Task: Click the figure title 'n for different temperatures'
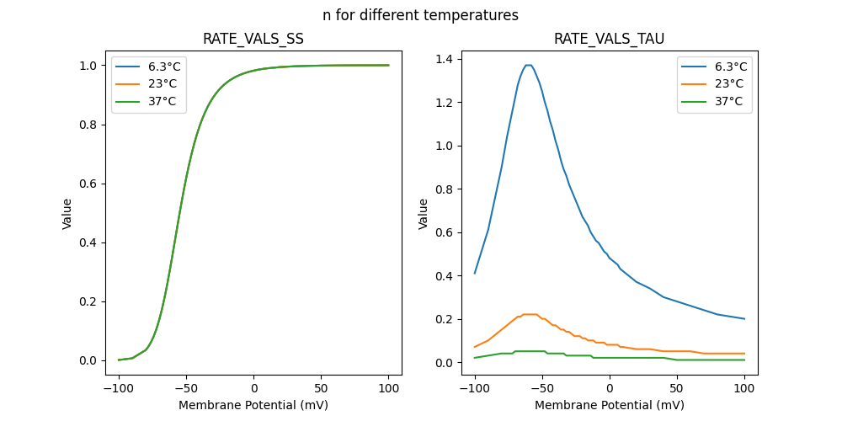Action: (x=420, y=15)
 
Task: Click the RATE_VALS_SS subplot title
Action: (x=253, y=40)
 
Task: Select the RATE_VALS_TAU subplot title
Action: (x=609, y=40)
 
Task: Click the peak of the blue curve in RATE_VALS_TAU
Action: (x=529, y=65)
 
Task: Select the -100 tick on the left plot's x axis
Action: (x=119, y=389)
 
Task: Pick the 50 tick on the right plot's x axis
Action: (x=677, y=389)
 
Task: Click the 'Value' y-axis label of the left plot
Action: (x=67, y=214)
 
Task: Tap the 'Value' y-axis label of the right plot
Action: (x=424, y=214)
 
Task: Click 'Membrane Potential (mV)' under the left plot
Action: (x=253, y=405)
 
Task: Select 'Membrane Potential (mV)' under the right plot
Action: (x=609, y=405)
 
